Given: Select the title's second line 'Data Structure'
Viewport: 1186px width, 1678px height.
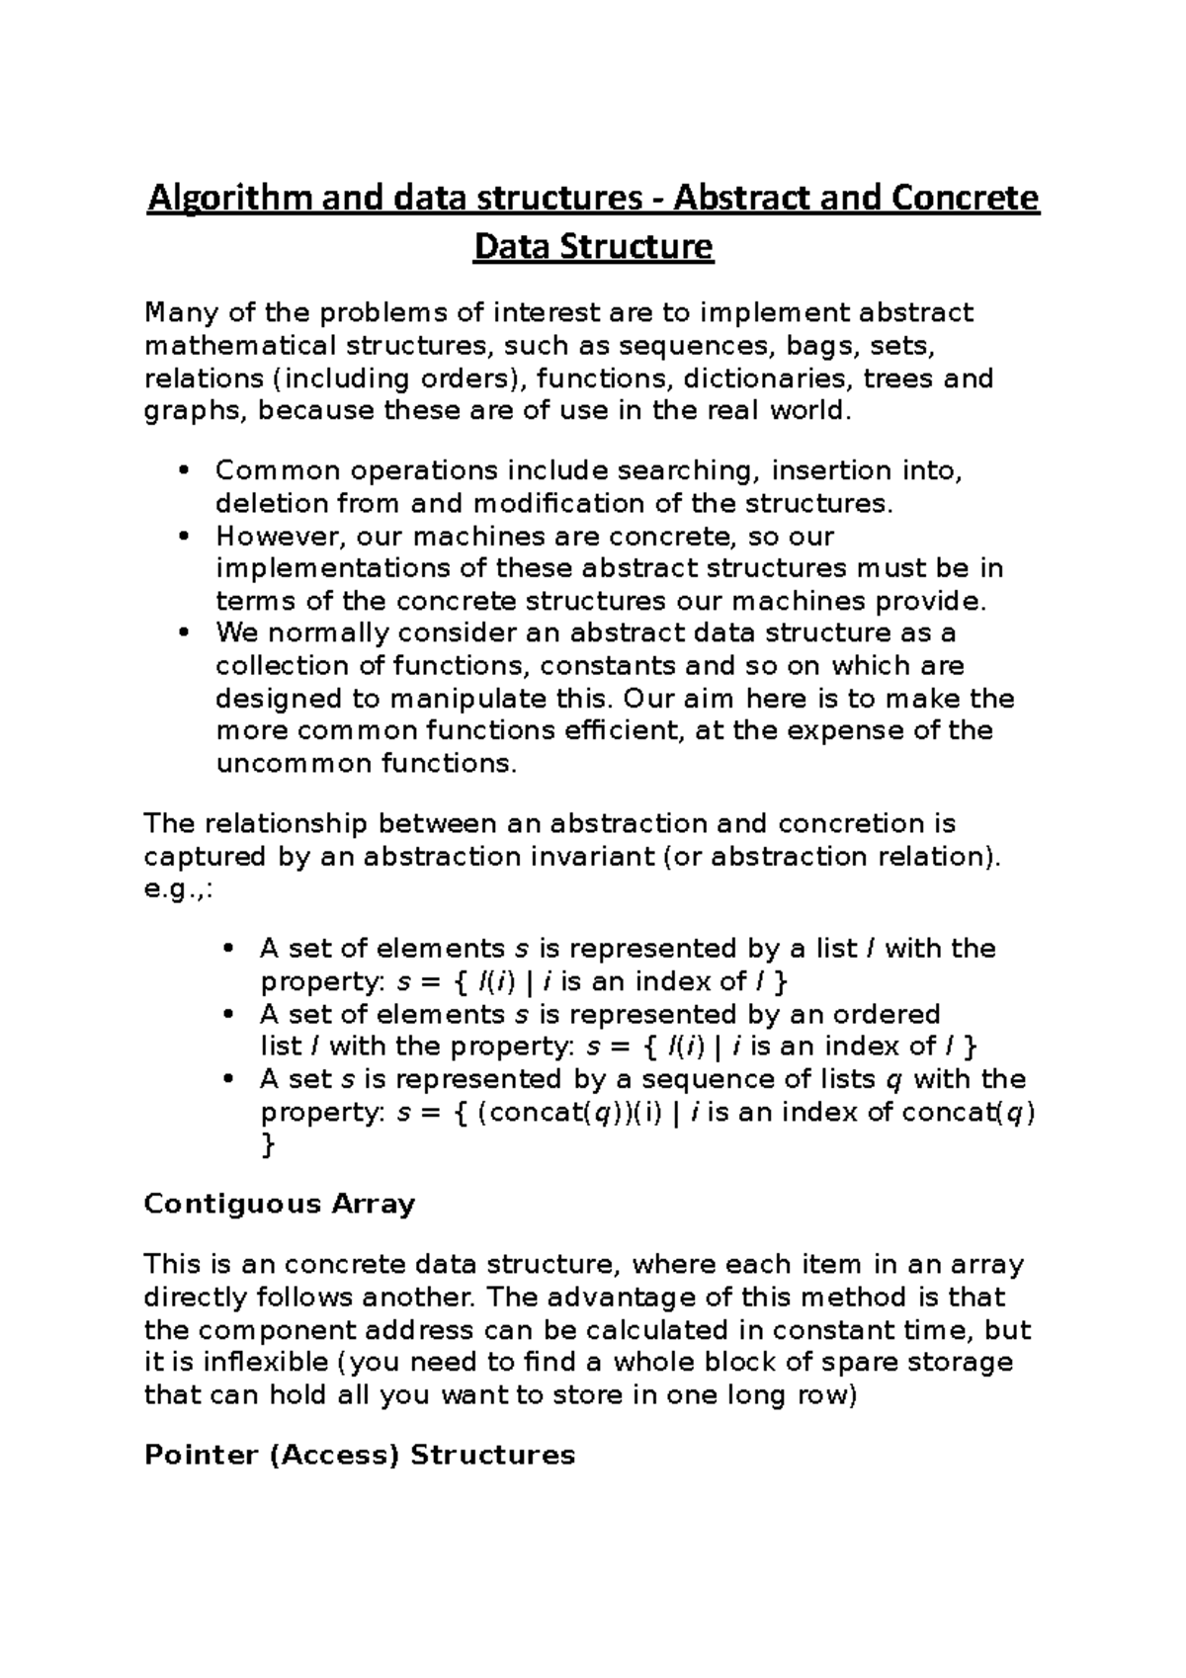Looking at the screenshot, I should (x=593, y=246).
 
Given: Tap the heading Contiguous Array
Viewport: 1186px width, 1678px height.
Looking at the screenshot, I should (x=280, y=1205).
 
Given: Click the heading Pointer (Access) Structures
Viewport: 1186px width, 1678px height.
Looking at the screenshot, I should (x=359, y=1456).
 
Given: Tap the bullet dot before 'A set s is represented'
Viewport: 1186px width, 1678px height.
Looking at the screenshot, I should (x=228, y=1080).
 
